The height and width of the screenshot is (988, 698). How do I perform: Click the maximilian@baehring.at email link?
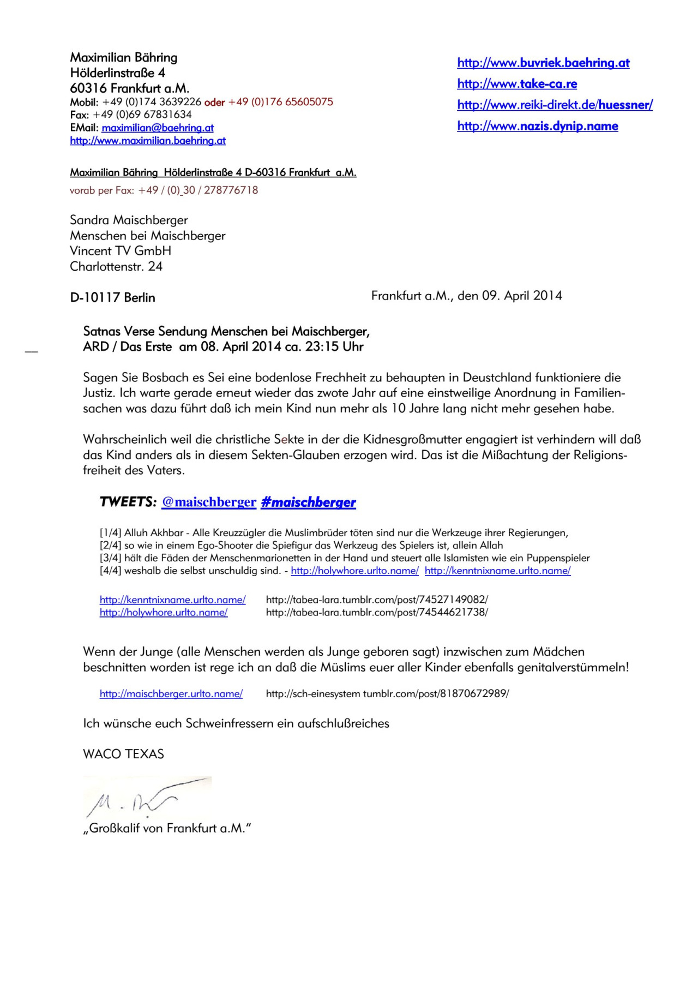(x=158, y=128)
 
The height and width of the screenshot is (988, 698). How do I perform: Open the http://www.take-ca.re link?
(x=517, y=83)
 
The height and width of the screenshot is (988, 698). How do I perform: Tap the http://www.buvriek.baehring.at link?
(x=543, y=63)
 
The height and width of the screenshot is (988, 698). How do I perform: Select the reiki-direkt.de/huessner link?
(x=555, y=105)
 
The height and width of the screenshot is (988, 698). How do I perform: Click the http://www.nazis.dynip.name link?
(x=537, y=126)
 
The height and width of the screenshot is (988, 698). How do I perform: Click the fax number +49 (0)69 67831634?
(x=142, y=115)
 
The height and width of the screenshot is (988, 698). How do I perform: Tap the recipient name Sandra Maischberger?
(x=129, y=220)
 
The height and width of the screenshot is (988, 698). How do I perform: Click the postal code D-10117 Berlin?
(x=112, y=297)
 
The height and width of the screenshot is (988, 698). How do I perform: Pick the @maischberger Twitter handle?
(x=209, y=502)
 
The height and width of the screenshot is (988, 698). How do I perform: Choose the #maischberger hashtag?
(x=308, y=502)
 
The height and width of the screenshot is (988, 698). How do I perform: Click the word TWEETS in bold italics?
(x=128, y=502)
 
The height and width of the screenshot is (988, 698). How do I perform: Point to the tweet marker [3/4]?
(x=111, y=558)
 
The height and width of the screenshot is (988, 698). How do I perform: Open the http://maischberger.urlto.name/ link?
(x=171, y=694)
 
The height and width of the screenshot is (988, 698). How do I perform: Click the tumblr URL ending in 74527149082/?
(x=377, y=600)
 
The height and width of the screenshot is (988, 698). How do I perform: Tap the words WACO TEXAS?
(x=123, y=754)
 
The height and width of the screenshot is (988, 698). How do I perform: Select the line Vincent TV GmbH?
(x=121, y=251)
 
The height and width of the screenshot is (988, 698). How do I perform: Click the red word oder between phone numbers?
(x=214, y=102)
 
